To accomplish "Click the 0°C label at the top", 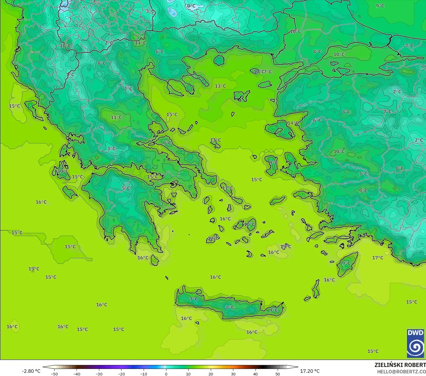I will point(191,6).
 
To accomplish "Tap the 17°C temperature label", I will point(378,258).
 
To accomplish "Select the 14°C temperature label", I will point(293,123).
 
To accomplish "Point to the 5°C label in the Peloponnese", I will point(126,188).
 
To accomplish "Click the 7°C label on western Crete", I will point(194,299).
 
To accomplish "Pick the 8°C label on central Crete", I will point(230,307).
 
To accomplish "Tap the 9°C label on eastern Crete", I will point(274,310).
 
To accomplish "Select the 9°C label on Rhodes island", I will point(346,263).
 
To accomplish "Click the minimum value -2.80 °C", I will point(31,371).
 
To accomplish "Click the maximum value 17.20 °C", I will point(310,371).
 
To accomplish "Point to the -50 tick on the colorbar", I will point(54,374).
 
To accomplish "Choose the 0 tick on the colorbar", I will point(166,374).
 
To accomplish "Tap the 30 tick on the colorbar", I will point(233,374).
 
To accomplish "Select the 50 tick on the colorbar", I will point(278,374).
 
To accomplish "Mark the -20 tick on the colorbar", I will point(121,374).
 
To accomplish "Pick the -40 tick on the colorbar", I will point(76,374).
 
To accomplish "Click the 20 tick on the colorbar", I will point(211,374).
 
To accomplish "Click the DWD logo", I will point(415,344).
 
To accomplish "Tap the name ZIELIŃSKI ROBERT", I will point(400,365).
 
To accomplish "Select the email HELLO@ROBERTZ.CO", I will point(401,372).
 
